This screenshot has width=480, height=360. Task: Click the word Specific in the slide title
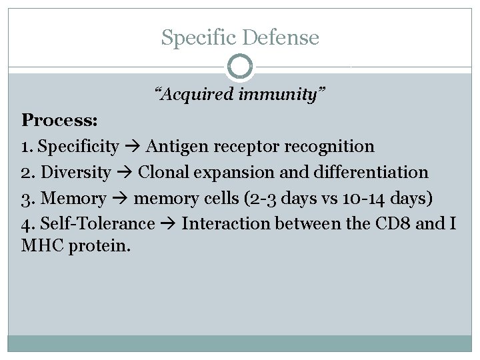pyautogui.click(x=198, y=37)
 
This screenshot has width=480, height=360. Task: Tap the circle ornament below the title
pyautogui.click(x=240, y=67)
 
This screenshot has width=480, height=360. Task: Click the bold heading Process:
pyautogui.click(x=60, y=120)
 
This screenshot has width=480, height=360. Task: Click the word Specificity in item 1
pyautogui.click(x=79, y=146)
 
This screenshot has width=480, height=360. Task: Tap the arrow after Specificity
pyautogui.click(x=132, y=146)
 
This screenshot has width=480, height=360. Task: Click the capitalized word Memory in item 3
pyautogui.click(x=73, y=198)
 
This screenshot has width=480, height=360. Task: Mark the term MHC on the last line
pyautogui.click(x=44, y=245)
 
